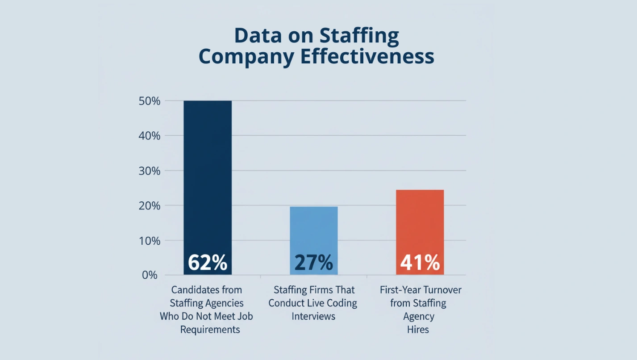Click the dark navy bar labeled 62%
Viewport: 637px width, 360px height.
208,179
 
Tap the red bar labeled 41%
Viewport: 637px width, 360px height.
420,223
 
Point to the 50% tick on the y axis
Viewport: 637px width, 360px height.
150,101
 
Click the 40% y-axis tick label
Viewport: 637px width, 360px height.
150,136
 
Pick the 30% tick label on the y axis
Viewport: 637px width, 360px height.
150,171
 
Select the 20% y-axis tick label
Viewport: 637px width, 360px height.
150,205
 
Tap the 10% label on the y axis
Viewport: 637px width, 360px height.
150,240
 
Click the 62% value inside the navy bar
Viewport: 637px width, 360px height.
208,263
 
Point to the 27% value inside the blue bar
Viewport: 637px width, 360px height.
314,263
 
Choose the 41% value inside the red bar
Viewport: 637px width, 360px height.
420,263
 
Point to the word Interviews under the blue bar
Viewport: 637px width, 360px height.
313,316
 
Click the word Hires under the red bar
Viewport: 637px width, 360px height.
418,330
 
